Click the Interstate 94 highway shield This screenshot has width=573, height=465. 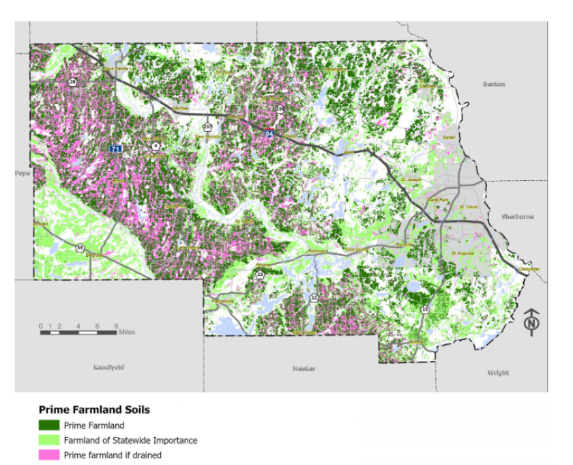[x=269, y=134]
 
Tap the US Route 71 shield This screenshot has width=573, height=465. [x=117, y=148]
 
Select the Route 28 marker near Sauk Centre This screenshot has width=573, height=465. [x=72, y=83]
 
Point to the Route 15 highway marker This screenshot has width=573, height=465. [x=426, y=309]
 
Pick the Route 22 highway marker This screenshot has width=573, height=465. [x=314, y=298]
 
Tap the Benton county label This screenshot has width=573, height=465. [x=494, y=84]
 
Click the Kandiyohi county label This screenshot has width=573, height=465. [x=109, y=367]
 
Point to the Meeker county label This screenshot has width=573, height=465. [x=304, y=369]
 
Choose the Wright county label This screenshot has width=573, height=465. [x=497, y=373]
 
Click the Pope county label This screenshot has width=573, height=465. [x=23, y=173]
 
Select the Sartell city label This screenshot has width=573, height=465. [x=449, y=137]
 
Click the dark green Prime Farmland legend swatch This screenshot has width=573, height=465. [x=49, y=426]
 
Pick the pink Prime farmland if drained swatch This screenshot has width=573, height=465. [x=49, y=455]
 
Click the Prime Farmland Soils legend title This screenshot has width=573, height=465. [x=94, y=410]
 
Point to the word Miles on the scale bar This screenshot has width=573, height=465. [x=127, y=333]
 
